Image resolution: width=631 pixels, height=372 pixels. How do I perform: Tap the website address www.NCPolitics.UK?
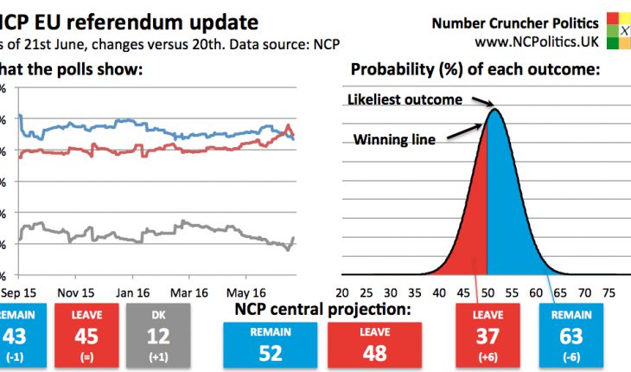536,41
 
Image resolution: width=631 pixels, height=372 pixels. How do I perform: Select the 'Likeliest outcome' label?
405,99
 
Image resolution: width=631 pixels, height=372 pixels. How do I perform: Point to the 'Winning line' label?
393,138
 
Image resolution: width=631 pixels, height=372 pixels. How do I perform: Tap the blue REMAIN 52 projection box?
271,342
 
